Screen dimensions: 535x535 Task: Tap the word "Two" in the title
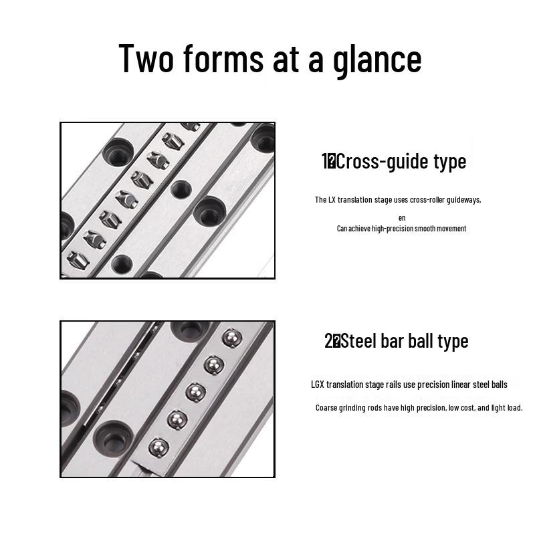point(146,58)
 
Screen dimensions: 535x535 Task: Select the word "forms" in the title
point(223,58)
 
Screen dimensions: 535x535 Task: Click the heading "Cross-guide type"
point(401,161)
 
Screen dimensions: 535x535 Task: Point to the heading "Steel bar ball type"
point(405,341)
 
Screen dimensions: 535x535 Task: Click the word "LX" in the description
point(332,199)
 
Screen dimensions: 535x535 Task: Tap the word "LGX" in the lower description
point(317,385)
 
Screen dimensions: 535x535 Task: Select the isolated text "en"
point(402,218)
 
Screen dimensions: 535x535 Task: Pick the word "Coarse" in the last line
point(326,408)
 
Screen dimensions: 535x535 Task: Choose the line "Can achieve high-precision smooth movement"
point(401,229)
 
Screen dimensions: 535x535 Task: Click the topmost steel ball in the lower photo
point(232,338)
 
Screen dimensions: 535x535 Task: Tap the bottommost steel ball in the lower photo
point(158,447)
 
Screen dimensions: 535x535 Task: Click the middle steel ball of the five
point(195,393)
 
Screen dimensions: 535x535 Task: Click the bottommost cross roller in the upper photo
point(78,260)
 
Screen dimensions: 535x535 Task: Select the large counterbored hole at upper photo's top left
point(118,152)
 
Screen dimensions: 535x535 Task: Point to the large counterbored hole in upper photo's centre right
point(209,211)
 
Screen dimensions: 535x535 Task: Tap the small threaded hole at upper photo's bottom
point(122,264)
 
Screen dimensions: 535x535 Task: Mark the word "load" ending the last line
point(514,408)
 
